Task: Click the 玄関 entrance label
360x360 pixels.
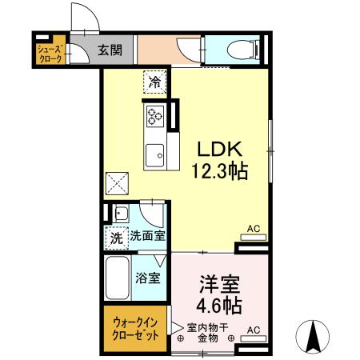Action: (x=110, y=50)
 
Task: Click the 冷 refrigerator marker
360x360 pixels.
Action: (x=154, y=82)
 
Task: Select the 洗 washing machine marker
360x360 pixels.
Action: (x=116, y=237)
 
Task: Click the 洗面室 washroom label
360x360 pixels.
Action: (x=147, y=237)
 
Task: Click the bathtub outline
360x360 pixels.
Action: (x=118, y=278)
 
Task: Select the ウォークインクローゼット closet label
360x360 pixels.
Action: (x=135, y=328)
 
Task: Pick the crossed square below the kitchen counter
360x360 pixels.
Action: (x=118, y=182)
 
